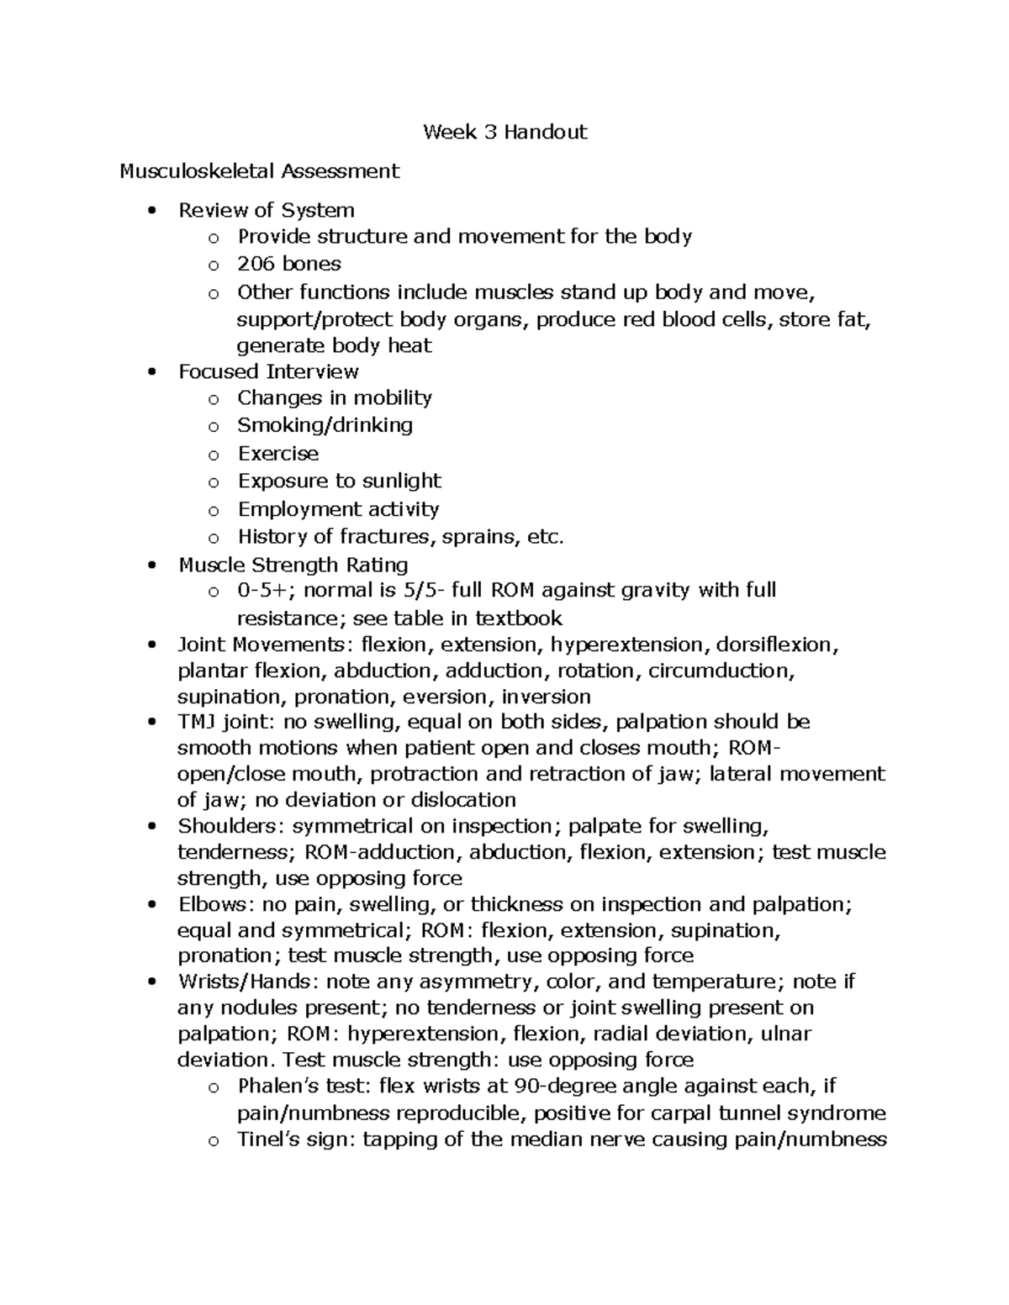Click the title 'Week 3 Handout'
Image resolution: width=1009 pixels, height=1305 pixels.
point(504,132)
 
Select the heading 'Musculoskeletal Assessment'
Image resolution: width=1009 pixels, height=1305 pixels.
point(259,171)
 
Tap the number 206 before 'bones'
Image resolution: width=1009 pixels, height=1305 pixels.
point(256,264)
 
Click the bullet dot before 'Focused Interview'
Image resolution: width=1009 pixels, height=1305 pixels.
point(151,372)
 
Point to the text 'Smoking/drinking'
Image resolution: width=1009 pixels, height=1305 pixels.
point(325,425)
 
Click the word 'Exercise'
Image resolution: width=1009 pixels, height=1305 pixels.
point(278,454)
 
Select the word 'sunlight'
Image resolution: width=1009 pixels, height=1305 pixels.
point(401,481)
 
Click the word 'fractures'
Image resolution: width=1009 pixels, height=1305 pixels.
point(386,536)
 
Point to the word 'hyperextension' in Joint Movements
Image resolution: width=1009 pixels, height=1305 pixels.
point(630,645)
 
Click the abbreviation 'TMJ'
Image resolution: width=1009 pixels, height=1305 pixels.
point(198,722)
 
